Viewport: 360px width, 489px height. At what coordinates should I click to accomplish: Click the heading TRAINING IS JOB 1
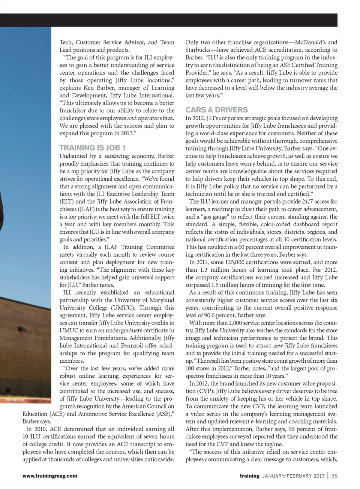click(92, 148)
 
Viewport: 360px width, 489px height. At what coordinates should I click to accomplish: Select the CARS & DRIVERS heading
click(216, 110)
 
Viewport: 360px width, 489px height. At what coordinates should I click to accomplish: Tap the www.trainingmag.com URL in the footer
click(49, 476)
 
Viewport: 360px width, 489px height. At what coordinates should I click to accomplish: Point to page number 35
click(334, 476)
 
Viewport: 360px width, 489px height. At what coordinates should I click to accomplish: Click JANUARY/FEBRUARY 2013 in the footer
click(293, 476)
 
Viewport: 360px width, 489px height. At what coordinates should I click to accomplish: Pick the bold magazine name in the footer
click(249, 476)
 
